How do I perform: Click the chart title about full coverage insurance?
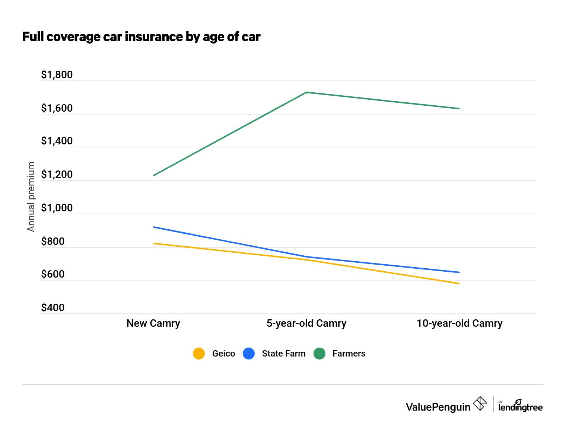pos(141,37)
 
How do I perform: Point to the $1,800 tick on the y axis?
pos(57,75)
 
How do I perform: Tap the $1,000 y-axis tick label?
pos(57,208)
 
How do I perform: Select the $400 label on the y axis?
pos(53,308)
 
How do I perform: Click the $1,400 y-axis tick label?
pos(57,141)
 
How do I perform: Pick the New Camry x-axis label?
pos(153,323)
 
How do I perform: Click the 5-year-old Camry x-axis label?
pos(306,323)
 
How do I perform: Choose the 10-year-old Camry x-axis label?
pos(459,323)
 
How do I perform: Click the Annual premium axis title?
pos(31,196)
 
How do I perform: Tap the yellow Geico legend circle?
pos(199,354)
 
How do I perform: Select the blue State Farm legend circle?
pos(249,354)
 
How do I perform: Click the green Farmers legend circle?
pos(319,354)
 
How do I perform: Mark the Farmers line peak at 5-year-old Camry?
pos(306,92)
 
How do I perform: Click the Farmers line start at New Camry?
pos(154,175)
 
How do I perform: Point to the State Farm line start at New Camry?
pos(154,227)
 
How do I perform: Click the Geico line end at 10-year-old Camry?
pos(459,284)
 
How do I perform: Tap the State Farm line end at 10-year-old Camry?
pos(459,272)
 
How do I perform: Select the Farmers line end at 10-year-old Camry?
pos(459,109)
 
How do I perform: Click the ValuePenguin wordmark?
pos(438,407)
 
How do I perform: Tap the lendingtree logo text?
pos(521,407)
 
